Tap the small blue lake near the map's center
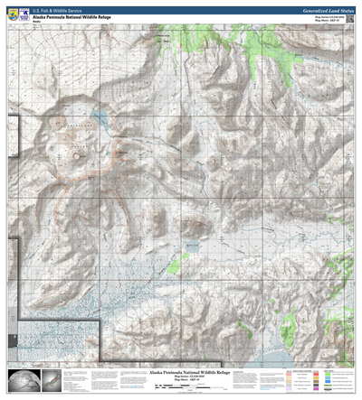[191, 246]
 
